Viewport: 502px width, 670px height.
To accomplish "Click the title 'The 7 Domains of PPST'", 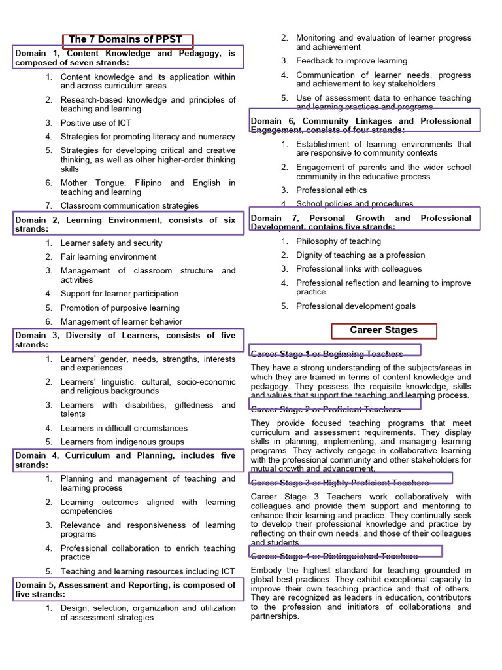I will tap(125, 39).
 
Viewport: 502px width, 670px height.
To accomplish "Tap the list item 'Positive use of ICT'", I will tap(101, 123).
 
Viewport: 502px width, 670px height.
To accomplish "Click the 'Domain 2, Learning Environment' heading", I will tap(125, 225).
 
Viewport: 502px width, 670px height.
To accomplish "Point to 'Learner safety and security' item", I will tap(111, 243).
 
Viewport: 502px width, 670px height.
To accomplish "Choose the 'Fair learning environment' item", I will tap(109, 257).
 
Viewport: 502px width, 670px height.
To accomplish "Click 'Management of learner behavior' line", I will tap(122, 321).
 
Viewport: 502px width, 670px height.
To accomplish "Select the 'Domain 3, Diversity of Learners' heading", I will tap(125, 340).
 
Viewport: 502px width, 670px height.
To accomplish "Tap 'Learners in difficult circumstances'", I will tap(124, 428).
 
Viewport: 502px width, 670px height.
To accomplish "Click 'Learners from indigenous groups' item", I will tap(122, 442).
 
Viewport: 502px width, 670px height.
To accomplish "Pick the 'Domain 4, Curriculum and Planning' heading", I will tap(125, 460).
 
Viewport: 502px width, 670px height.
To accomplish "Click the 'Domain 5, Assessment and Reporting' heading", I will tap(125, 590).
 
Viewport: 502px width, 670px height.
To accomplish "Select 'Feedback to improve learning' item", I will tap(351, 61).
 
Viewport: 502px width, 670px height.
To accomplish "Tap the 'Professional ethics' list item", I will tap(333, 190).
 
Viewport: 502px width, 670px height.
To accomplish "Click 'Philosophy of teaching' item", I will tap(338, 241).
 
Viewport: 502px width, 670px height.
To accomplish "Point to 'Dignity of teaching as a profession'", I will tap(360, 255).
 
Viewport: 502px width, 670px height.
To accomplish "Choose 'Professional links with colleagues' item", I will tap(359, 269).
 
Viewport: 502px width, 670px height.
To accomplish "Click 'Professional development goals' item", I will tap(356, 306).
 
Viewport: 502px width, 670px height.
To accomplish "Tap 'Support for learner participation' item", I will tap(120, 294).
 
